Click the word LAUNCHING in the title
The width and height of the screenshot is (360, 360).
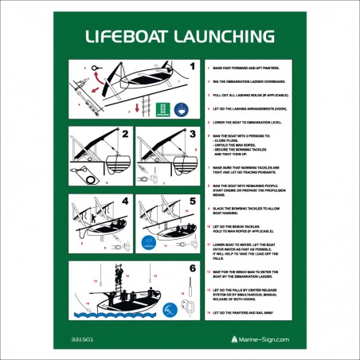tap(224, 36)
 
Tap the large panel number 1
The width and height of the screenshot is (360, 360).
tap(191, 67)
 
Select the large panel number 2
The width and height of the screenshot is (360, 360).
tap(125, 135)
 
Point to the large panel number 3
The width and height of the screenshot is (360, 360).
tap(191, 135)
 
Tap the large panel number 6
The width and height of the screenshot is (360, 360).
tap(191, 268)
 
